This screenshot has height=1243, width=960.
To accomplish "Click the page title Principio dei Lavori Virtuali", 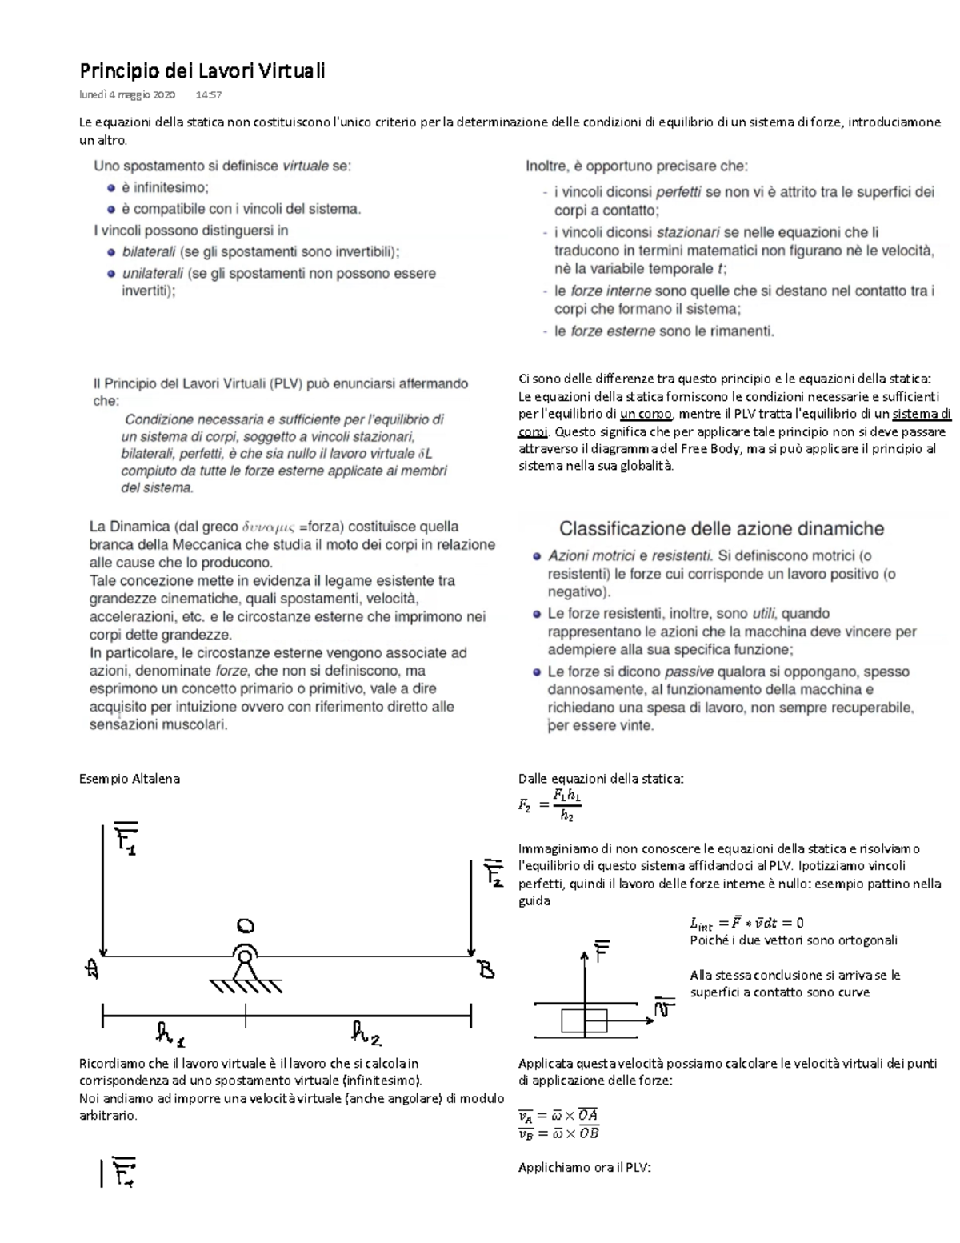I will click(202, 71).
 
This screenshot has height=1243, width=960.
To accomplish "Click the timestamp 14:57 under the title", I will click(208, 94).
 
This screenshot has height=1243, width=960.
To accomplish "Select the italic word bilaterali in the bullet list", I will click(149, 251).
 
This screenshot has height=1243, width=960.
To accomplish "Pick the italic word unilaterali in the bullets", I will click(152, 273).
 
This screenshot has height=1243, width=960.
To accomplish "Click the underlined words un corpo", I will click(646, 414).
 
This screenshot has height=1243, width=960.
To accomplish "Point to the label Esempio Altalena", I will click(129, 778).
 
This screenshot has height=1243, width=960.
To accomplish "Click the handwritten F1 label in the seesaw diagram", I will click(126, 838).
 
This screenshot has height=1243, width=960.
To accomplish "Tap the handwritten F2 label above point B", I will click(493, 872).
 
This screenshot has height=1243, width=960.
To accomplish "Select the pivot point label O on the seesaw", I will click(246, 926).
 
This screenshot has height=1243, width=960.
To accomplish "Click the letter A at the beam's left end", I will click(92, 969).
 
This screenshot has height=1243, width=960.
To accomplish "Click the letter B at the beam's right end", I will click(486, 969).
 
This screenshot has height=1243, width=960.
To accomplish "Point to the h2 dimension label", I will click(366, 1034).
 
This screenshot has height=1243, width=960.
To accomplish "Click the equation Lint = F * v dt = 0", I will click(746, 923).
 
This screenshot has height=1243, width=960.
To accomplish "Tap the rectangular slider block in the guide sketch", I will click(583, 1021).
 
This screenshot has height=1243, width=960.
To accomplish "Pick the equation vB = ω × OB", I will click(558, 1133).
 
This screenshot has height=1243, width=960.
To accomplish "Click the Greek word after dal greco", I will click(268, 527).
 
